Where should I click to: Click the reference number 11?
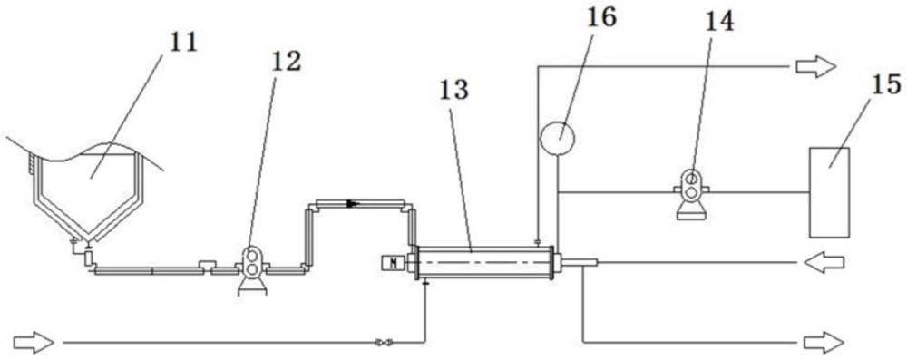(182, 44)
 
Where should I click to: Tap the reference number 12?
(285, 62)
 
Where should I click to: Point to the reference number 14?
(719, 22)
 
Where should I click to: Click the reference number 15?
(886, 85)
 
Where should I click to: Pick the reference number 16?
(601, 17)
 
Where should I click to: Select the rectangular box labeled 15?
(829, 192)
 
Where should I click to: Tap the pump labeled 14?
(691, 194)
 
